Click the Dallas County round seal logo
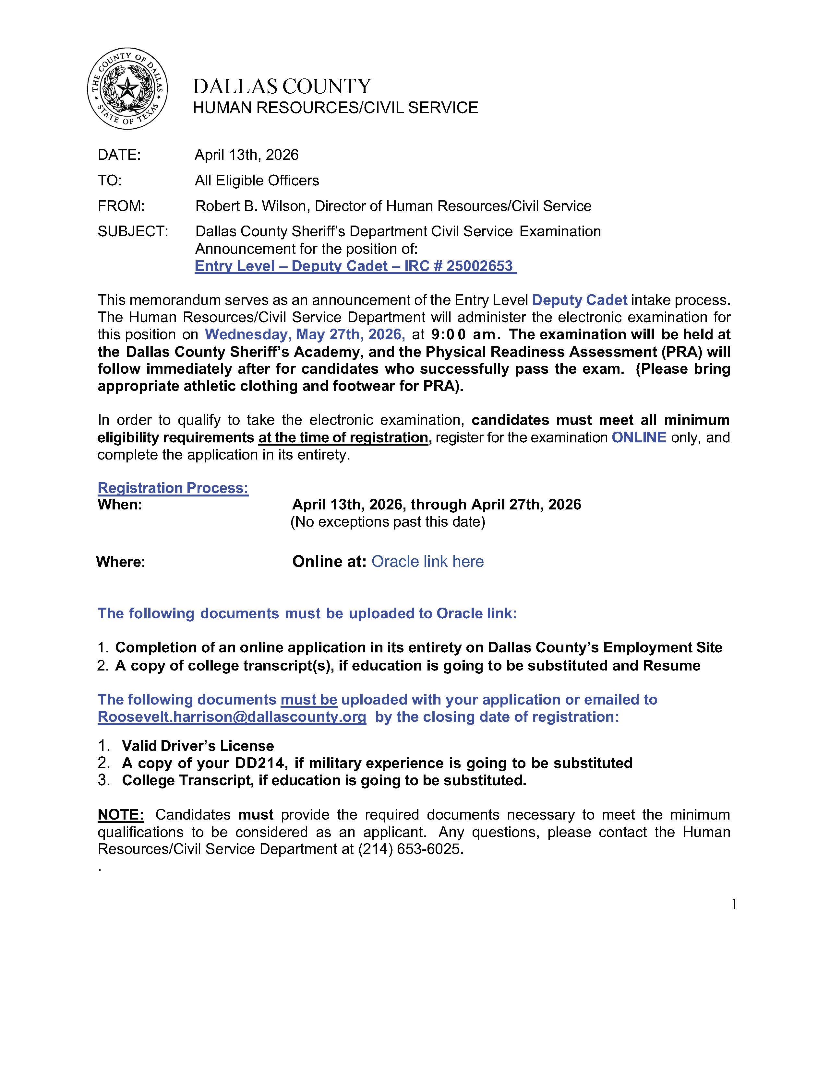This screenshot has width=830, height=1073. point(127,89)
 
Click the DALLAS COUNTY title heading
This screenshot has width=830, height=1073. point(282,87)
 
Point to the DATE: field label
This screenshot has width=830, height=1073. point(119,155)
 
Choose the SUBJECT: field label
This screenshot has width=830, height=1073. point(133,231)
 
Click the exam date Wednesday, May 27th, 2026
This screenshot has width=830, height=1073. point(305,334)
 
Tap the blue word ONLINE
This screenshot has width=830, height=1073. point(639,437)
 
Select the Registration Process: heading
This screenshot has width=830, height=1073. point(173,488)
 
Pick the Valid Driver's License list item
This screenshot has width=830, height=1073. point(198,746)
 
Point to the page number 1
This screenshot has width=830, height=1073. point(734,904)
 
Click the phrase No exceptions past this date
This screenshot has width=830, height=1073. point(388,521)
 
